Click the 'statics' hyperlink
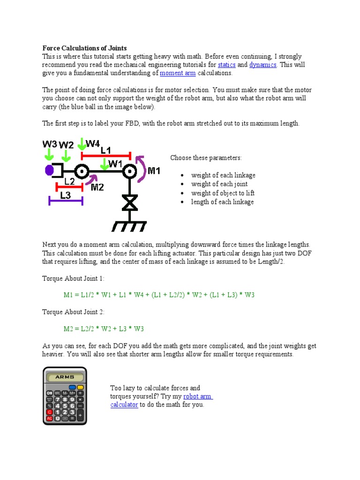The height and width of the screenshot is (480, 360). (x=226, y=65)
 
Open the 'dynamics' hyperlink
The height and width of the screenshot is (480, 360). (x=262, y=65)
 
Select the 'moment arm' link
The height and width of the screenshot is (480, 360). (x=178, y=73)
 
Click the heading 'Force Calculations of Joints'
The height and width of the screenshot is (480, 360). (x=84, y=48)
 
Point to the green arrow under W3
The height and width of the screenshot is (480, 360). (x=49, y=154)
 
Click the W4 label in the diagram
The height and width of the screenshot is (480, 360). (x=92, y=143)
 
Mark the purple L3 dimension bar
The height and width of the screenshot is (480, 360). (x=66, y=202)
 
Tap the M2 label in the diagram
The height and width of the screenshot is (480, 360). (x=97, y=187)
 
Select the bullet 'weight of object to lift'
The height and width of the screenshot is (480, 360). (x=223, y=193)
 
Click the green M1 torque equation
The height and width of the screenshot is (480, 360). (x=159, y=295)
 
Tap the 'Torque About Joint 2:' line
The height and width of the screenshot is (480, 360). (x=74, y=312)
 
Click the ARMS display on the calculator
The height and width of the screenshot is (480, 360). (x=65, y=377)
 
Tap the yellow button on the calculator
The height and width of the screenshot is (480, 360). (x=80, y=387)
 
